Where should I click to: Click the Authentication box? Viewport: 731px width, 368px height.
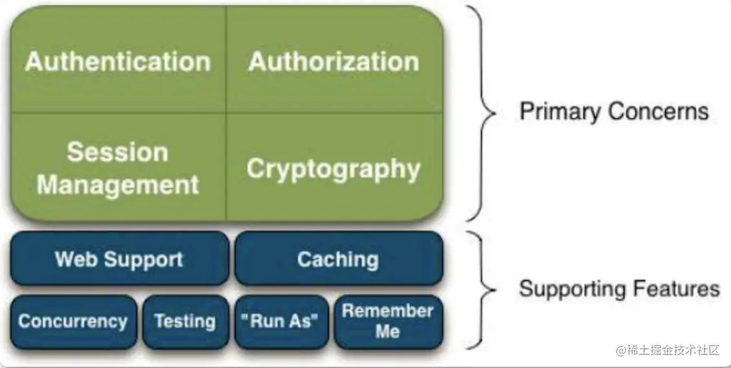118,62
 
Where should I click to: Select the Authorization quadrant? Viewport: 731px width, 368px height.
334,62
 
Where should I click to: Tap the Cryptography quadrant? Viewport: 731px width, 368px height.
334,168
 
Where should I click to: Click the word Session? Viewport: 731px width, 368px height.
117,152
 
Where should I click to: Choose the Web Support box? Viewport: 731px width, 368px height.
119,259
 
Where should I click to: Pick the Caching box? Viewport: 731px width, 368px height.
338,259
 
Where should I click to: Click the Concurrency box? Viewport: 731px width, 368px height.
73,321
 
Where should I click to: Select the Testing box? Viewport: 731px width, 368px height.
185,321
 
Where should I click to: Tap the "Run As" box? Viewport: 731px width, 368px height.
280,321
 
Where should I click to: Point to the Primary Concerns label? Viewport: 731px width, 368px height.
614,111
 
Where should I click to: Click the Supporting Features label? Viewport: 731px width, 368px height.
619,288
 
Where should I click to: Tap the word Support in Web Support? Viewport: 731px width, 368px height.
146,259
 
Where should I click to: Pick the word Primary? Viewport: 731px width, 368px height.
559,111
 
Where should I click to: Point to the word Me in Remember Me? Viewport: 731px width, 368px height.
388,332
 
